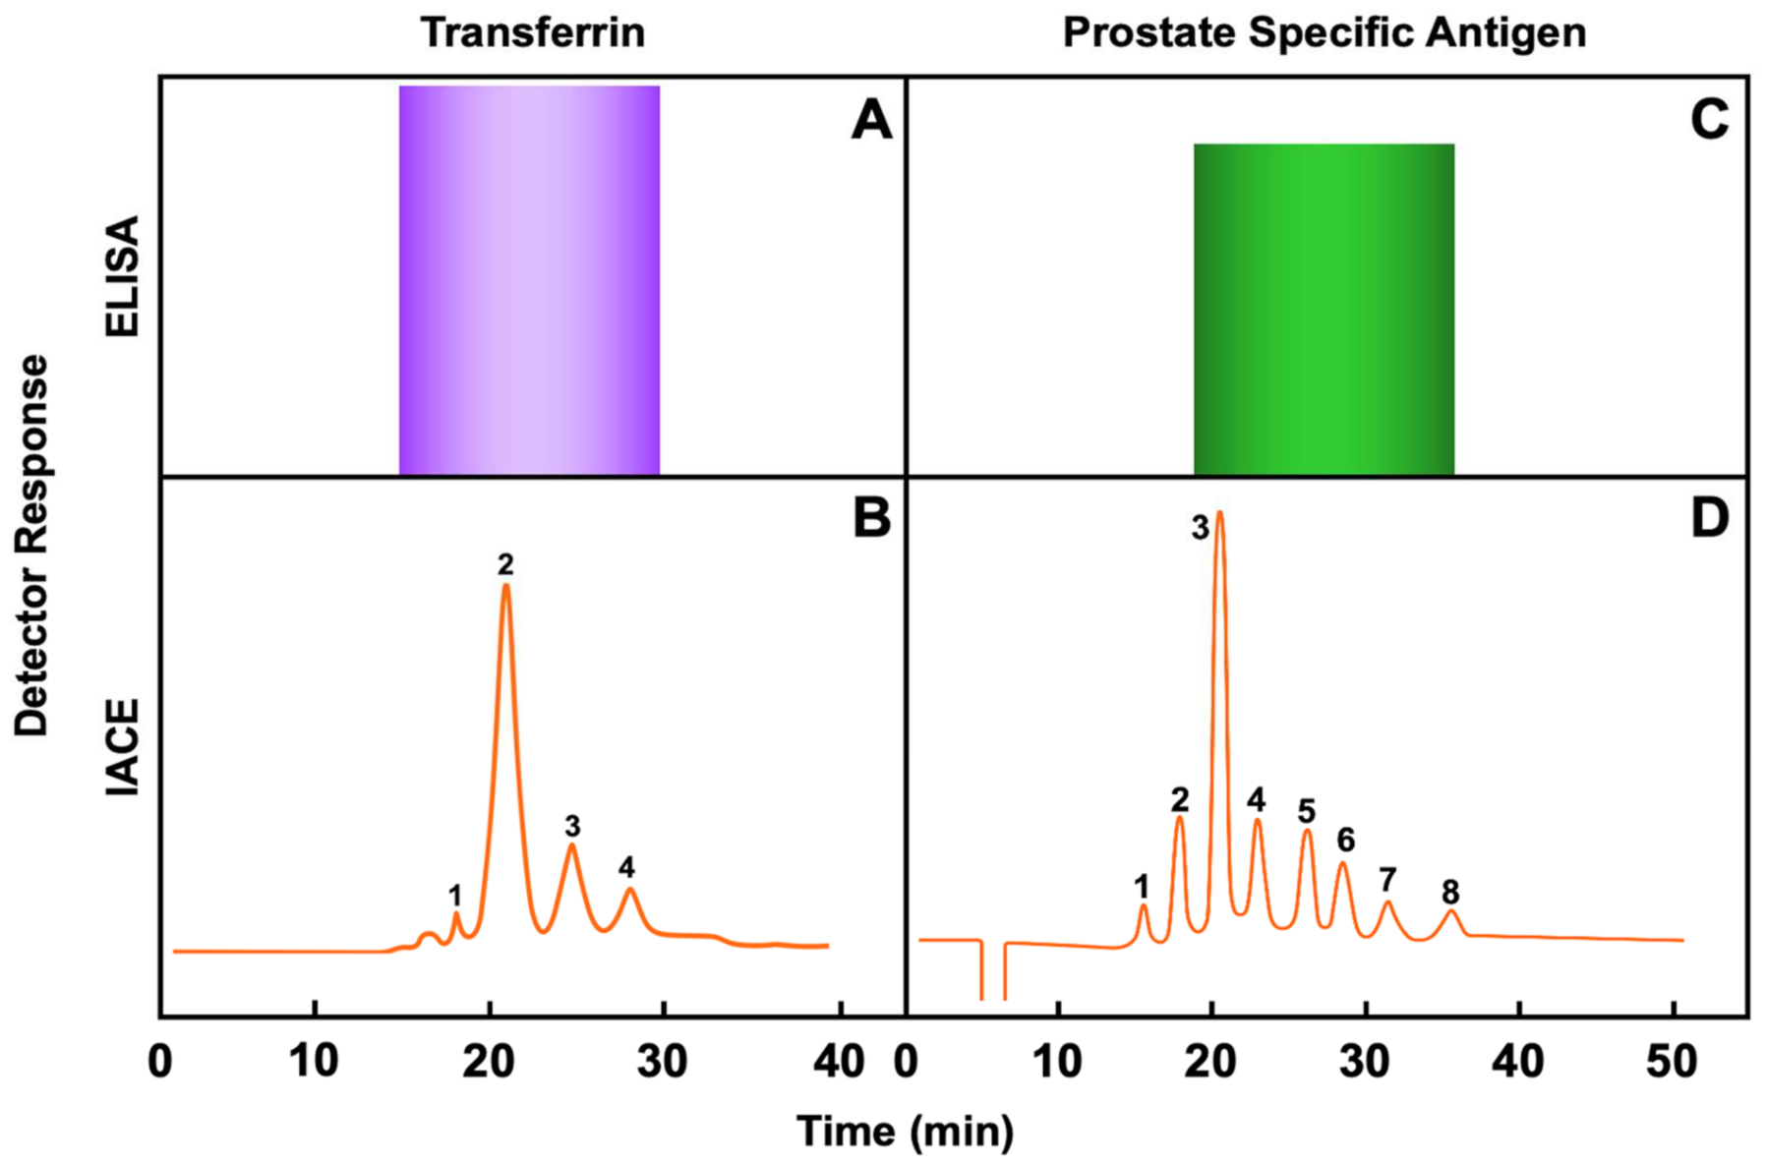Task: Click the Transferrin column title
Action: [533, 32]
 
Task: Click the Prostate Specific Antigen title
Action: [1324, 32]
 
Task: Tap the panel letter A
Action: [871, 122]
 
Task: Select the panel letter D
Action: [1709, 518]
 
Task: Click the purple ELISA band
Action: [529, 280]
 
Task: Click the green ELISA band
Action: [1324, 310]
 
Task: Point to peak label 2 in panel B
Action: [505, 564]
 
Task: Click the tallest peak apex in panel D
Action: [1220, 514]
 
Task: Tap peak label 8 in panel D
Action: [1450, 892]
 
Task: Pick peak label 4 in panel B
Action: [626, 867]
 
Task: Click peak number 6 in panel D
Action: [1345, 840]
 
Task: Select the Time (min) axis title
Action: [905, 1132]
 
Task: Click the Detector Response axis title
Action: [32, 546]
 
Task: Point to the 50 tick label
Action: [1671, 1063]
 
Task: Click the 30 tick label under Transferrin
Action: [663, 1063]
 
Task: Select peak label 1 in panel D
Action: [1142, 887]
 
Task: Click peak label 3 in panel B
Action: [572, 826]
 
